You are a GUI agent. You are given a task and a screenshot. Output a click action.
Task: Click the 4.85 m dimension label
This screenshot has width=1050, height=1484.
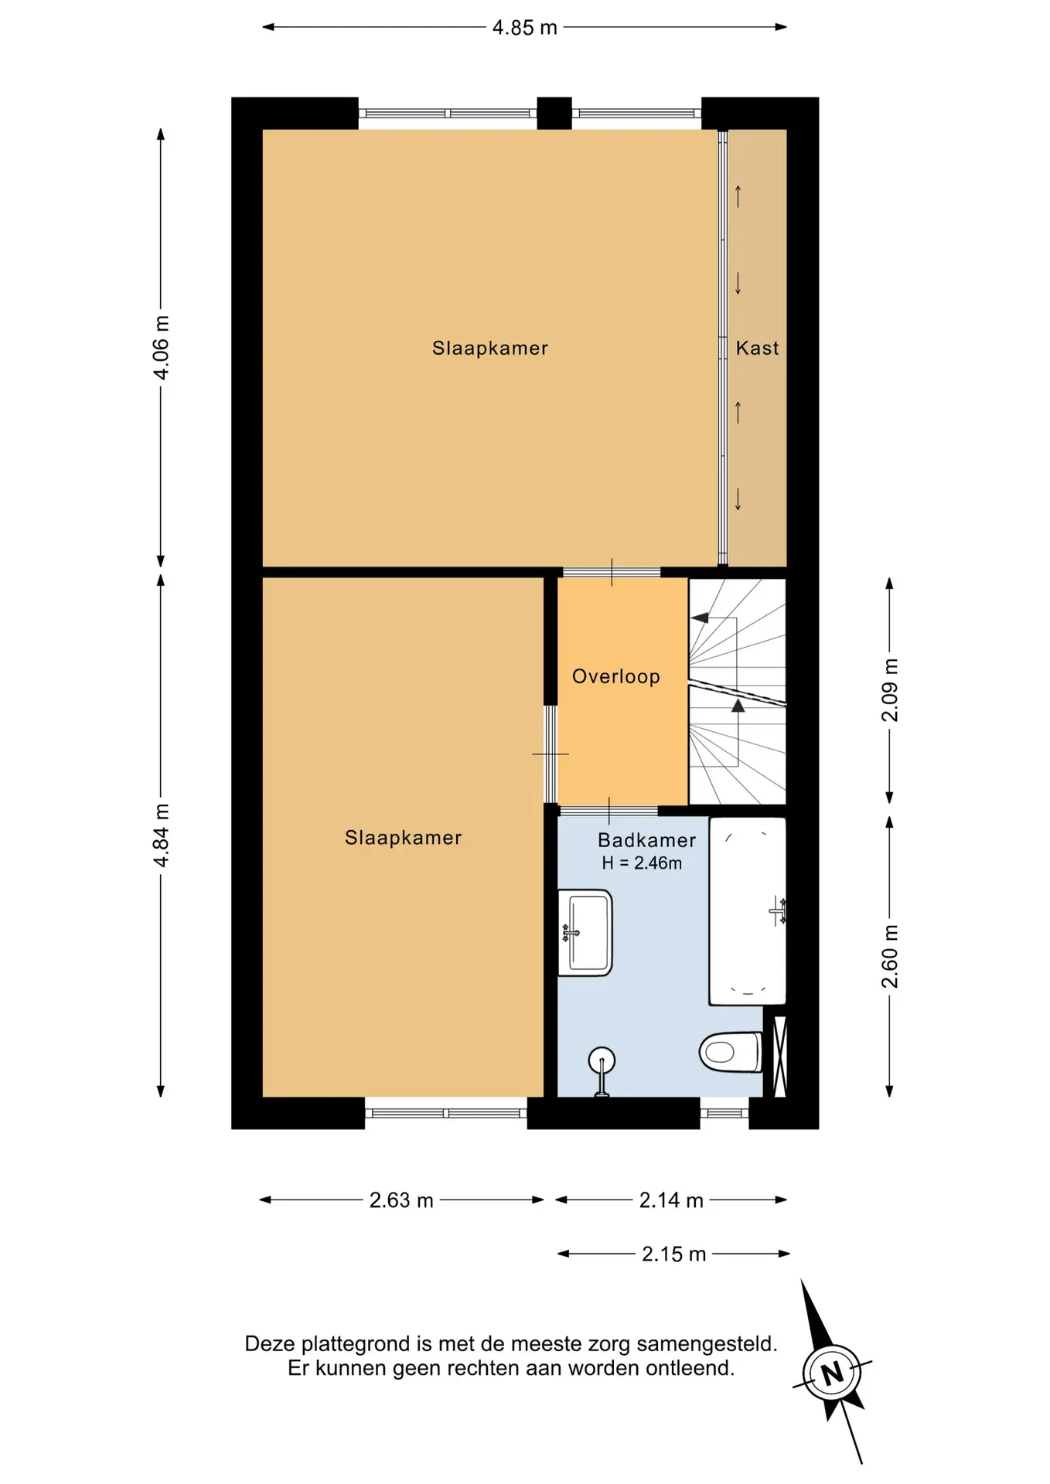point(524,28)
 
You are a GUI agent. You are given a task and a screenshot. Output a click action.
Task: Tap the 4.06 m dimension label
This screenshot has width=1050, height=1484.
point(161,348)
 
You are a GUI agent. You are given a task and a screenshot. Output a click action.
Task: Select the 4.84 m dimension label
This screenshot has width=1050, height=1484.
point(161,836)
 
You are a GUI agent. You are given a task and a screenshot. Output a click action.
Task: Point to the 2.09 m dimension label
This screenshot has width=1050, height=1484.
point(890,690)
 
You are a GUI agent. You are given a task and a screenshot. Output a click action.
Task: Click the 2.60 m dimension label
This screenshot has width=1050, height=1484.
point(890,956)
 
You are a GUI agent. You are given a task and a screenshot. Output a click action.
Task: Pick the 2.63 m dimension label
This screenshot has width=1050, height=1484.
point(401,1200)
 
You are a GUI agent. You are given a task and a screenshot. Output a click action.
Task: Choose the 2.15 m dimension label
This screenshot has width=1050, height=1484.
point(674,1254)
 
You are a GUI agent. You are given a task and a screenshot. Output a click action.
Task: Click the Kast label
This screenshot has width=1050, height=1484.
point(757,349)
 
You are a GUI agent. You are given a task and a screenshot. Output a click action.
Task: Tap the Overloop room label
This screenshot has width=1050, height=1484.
point(616,677)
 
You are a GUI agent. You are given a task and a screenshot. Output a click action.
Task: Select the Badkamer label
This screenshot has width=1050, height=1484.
point(647,840)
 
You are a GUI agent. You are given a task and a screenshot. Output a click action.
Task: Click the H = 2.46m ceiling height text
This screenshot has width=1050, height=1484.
point(642,863)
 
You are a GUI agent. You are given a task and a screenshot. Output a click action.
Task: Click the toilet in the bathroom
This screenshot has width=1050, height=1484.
point(731,1052)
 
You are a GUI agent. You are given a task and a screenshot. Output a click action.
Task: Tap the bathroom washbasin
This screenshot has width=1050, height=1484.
point(585,933)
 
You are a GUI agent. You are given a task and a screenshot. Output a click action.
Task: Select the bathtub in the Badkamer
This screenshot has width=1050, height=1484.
point(748,912)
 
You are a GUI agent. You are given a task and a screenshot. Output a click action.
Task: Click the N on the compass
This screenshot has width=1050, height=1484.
point(832,1373)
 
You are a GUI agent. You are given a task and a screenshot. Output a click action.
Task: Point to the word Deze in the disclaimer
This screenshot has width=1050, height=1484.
point(270,1344)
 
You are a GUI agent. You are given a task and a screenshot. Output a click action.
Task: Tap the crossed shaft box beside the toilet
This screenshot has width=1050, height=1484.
point(780,1056)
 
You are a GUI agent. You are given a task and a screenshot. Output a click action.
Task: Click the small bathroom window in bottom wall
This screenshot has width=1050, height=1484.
point(724,1114)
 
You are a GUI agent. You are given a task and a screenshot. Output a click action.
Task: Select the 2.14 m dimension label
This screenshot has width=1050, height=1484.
point(671,1200)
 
